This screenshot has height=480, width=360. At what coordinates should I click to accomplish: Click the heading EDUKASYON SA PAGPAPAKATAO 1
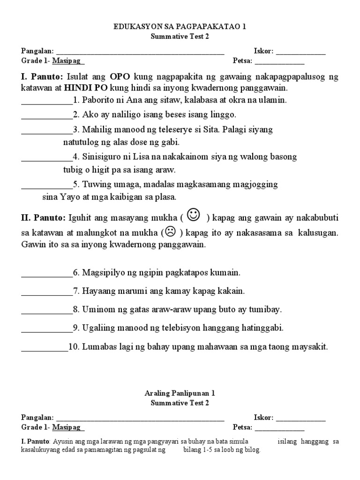point(180,27)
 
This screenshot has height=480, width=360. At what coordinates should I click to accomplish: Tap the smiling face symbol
point(193,215)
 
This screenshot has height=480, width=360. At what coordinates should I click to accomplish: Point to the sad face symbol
point(170,232)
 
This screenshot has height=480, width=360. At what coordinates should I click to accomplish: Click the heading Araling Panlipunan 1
point(180,394)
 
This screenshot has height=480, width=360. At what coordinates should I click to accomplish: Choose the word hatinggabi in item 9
point(263,328)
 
